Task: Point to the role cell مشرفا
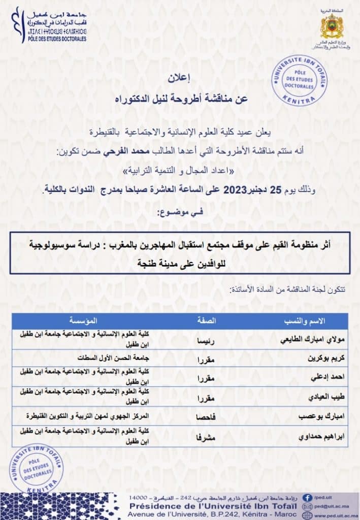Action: (x=206, y=436)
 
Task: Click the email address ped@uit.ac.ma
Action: (x=332, y=506)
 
